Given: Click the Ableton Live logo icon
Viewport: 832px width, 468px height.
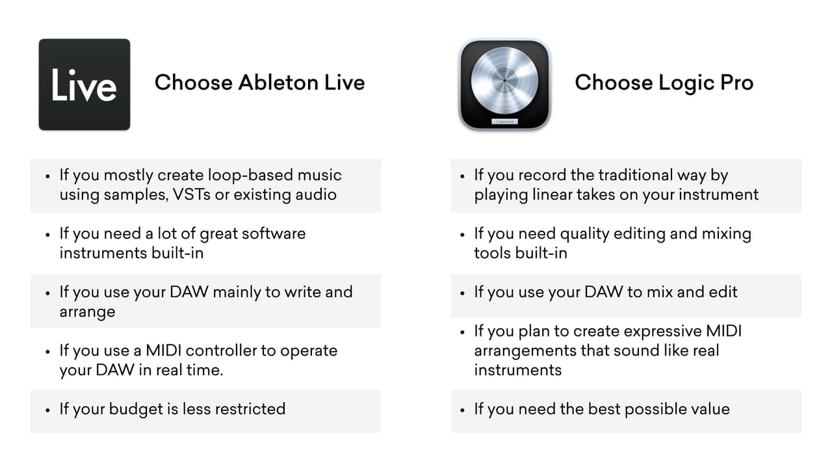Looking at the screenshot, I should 84,84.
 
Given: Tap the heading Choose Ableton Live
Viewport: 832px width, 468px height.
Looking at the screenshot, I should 259,83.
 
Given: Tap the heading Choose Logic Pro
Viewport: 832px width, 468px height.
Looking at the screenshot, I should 664,83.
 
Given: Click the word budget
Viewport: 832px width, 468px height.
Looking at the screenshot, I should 133,409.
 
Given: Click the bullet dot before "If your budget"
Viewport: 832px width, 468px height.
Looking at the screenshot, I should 47,410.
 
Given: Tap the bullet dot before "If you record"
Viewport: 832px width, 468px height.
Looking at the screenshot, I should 462,176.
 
